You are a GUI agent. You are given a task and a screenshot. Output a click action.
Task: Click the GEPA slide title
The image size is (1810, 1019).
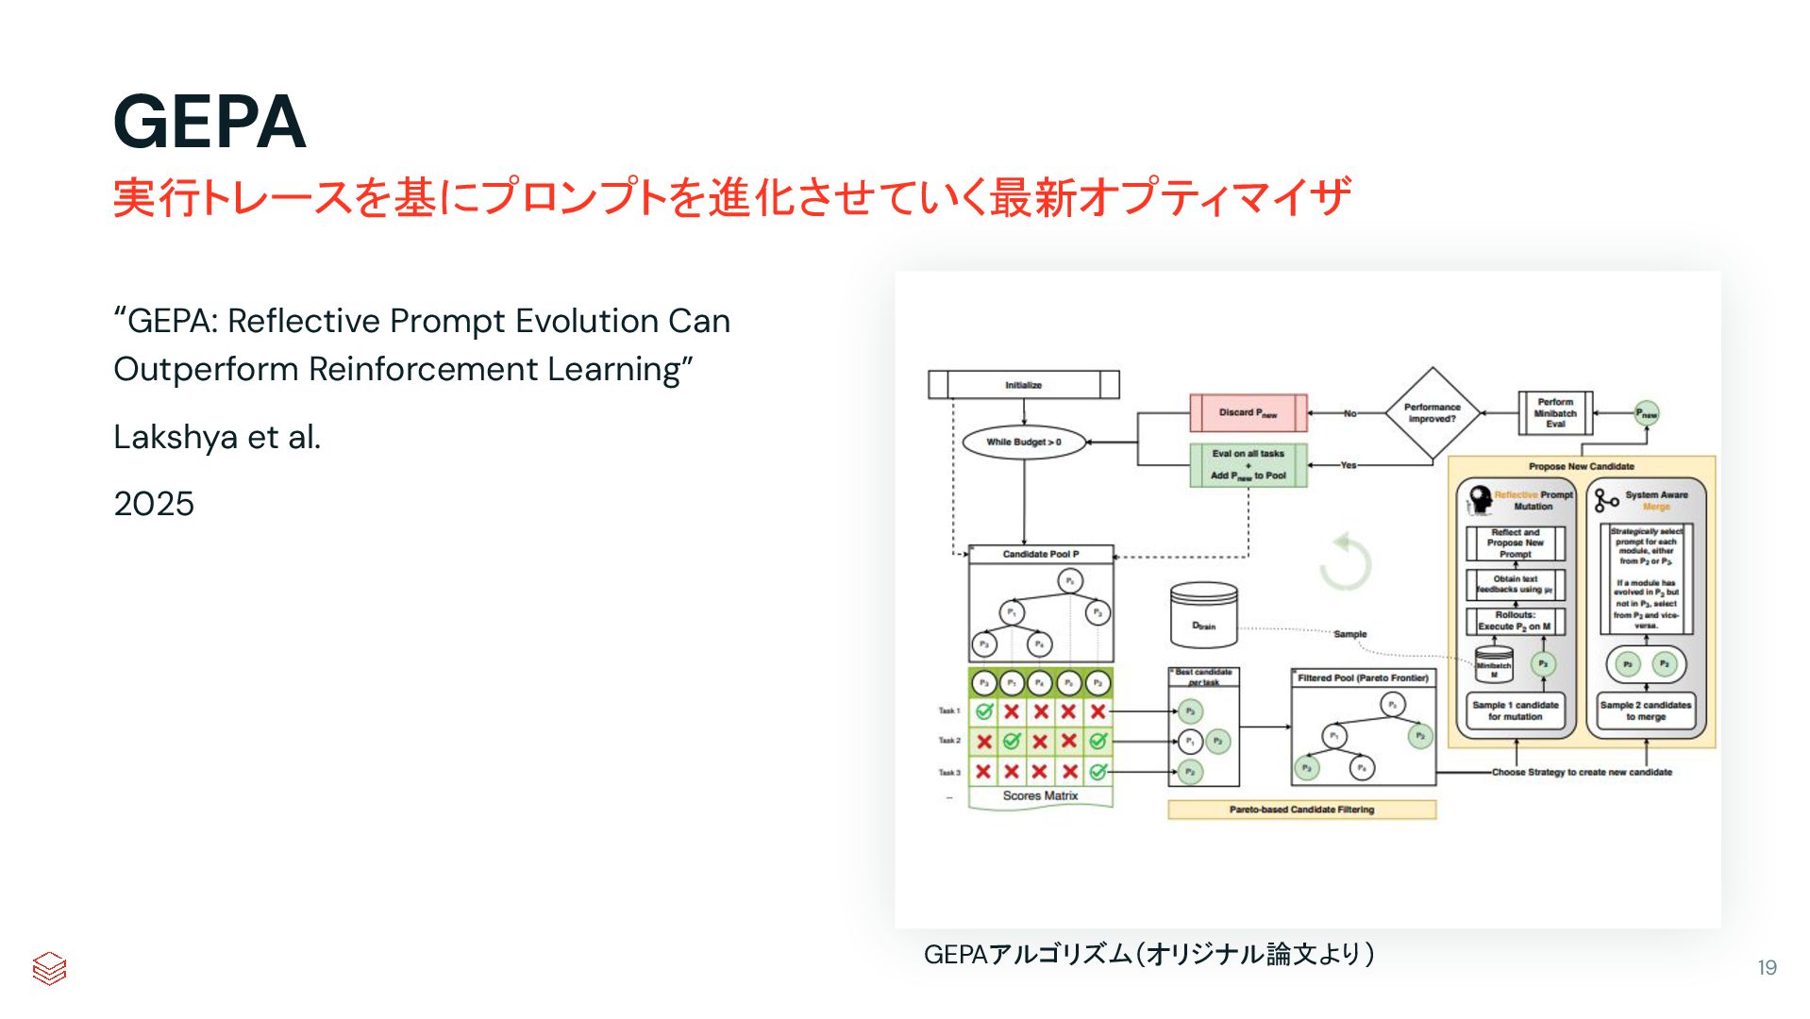click(x=209, y=123)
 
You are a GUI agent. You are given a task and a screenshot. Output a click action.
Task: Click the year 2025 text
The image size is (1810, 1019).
click(x=154, y=504)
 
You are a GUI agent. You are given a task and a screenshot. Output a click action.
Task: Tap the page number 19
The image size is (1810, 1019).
click(x=1767, y=967)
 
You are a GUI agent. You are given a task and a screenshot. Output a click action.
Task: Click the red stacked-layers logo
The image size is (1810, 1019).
click(x=49, y=968)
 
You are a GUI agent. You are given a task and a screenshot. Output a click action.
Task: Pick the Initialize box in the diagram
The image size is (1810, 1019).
click(x=1023, y=385)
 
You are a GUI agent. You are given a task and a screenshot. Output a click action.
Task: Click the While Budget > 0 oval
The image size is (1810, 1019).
click(x=1024, y=442)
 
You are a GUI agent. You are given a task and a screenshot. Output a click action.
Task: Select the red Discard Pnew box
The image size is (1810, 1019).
click(x=1248, y=412)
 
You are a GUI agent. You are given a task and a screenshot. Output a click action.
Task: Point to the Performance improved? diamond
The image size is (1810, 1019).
click(x=1432, y=413)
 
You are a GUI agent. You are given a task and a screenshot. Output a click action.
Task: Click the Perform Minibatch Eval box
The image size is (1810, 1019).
click(x=1555, y=413)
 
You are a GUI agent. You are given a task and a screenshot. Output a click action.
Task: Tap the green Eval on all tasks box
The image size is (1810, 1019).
click(x=1248, y=464)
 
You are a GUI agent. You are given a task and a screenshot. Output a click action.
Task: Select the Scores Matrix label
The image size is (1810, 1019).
click(x=1040, y=795)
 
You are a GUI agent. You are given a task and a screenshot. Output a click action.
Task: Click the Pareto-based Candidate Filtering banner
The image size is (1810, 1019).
click(x=1301, y=810)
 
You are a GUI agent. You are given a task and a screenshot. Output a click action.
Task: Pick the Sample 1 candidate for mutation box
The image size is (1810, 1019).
click(x=1515, y=711)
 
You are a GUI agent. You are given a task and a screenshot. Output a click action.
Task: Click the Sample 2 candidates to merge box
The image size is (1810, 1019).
click(x=1646, y=711)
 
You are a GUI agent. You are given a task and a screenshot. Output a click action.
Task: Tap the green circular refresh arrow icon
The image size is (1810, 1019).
click(x=1345, y=563)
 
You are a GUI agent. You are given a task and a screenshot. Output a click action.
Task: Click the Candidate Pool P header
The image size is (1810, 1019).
click(x=1041, y=554)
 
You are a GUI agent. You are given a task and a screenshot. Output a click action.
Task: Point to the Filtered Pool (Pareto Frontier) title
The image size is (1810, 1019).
click(x=1363, y=677)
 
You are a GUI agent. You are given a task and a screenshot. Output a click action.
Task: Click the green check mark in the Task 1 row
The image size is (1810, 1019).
click(x=983, y=711)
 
